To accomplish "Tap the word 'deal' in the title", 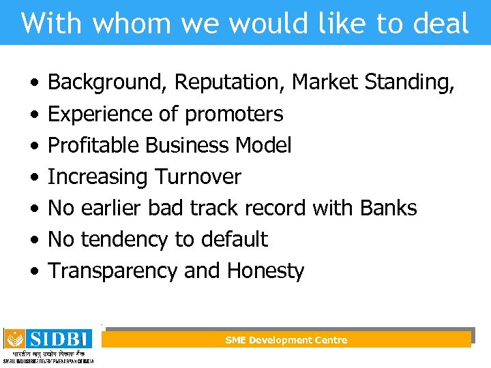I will click(443, 23).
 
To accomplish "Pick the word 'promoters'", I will click(233, 114).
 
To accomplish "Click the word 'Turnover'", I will click(198, 177).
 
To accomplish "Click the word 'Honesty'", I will click(265, 271).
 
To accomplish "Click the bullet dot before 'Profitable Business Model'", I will click(33, 146).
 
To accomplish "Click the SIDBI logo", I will click(49, 345).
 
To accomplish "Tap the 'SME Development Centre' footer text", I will click(286, 340).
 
